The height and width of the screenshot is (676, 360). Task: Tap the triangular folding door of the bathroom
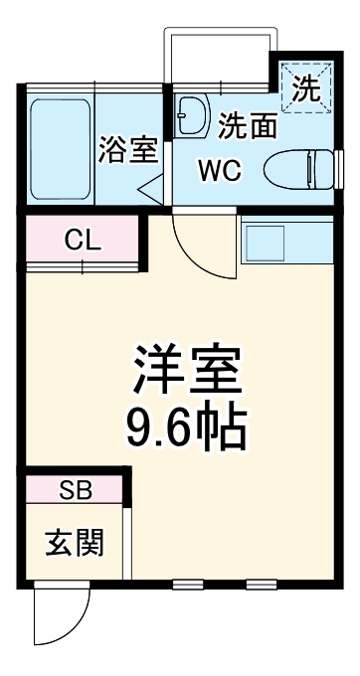(x=151, y=186)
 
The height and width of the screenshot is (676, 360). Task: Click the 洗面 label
(x=248, y=126)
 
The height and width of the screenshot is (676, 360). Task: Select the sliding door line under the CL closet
(x=82, y=266)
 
